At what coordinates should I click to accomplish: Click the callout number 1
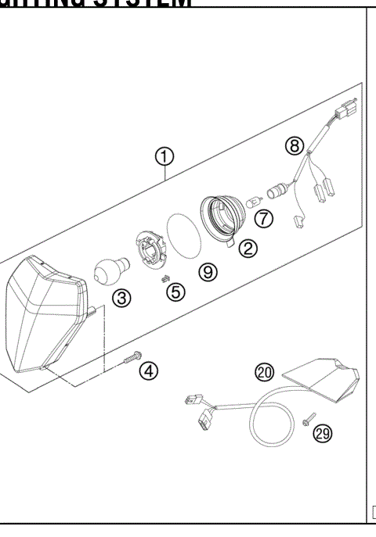point(164,157)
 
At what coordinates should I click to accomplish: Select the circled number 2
point(248,249)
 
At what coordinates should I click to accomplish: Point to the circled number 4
point(148,371)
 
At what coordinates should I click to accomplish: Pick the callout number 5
point(176,292)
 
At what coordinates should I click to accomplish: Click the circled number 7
point(264,218)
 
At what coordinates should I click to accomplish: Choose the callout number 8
point(294,145)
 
